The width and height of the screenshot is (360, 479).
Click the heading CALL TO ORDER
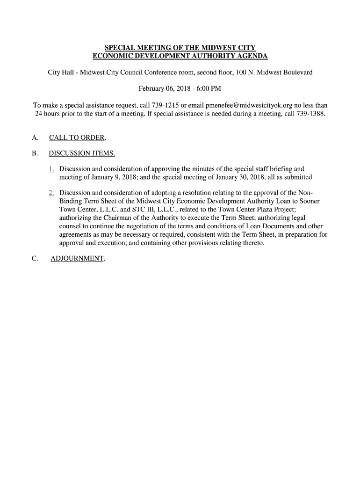pyautogui.click(x=77, y=138)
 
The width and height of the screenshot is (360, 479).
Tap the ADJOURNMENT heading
pyautogui.click(x=77, y=259)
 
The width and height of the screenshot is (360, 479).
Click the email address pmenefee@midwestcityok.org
pyautogui.click(x=246, y=105)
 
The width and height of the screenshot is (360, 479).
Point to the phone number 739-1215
pyautogui.click(x=160, y=105)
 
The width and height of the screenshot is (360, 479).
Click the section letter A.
pyautogui.click(x=36, y=138)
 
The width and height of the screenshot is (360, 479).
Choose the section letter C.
pyautogui.click(x=36, y=259)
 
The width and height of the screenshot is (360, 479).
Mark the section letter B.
pyautogui.click(x=36, y=154)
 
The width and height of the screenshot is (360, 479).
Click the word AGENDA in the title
pyautogui.click(x=252, y=56)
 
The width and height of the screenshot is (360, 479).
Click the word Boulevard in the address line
pyautogui.click(x=296, y=73)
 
